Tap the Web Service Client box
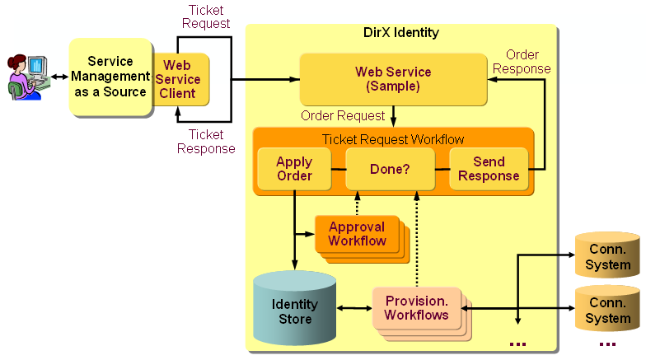[178, 79]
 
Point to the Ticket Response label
[205, 141]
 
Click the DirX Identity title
[401, 33]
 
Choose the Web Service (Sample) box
[392, 79]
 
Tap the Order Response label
[522, 62]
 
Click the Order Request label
[343, 115]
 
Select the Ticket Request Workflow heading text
[393, 139]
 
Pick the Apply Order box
[294, 169]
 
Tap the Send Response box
[489, 169]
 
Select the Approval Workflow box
[357, 234]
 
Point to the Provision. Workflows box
[416, 308]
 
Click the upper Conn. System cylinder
[607, 256]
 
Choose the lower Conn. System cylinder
[607, 311]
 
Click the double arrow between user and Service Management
[57, 77]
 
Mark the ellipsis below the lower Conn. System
[607, 344]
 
